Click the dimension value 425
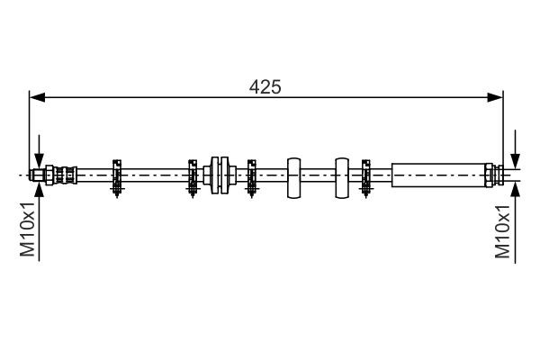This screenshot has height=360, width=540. click(265, 86)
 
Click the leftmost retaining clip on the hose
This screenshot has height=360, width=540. click(116, 175)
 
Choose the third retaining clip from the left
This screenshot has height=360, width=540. click(251, 175)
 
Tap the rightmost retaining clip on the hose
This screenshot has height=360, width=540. click(366, 175)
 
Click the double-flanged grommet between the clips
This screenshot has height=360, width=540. click(220, 174)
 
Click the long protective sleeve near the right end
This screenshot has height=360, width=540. click(438, 174)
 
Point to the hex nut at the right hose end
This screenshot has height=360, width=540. click(490, 174)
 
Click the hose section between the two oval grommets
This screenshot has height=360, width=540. click(318, 174)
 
